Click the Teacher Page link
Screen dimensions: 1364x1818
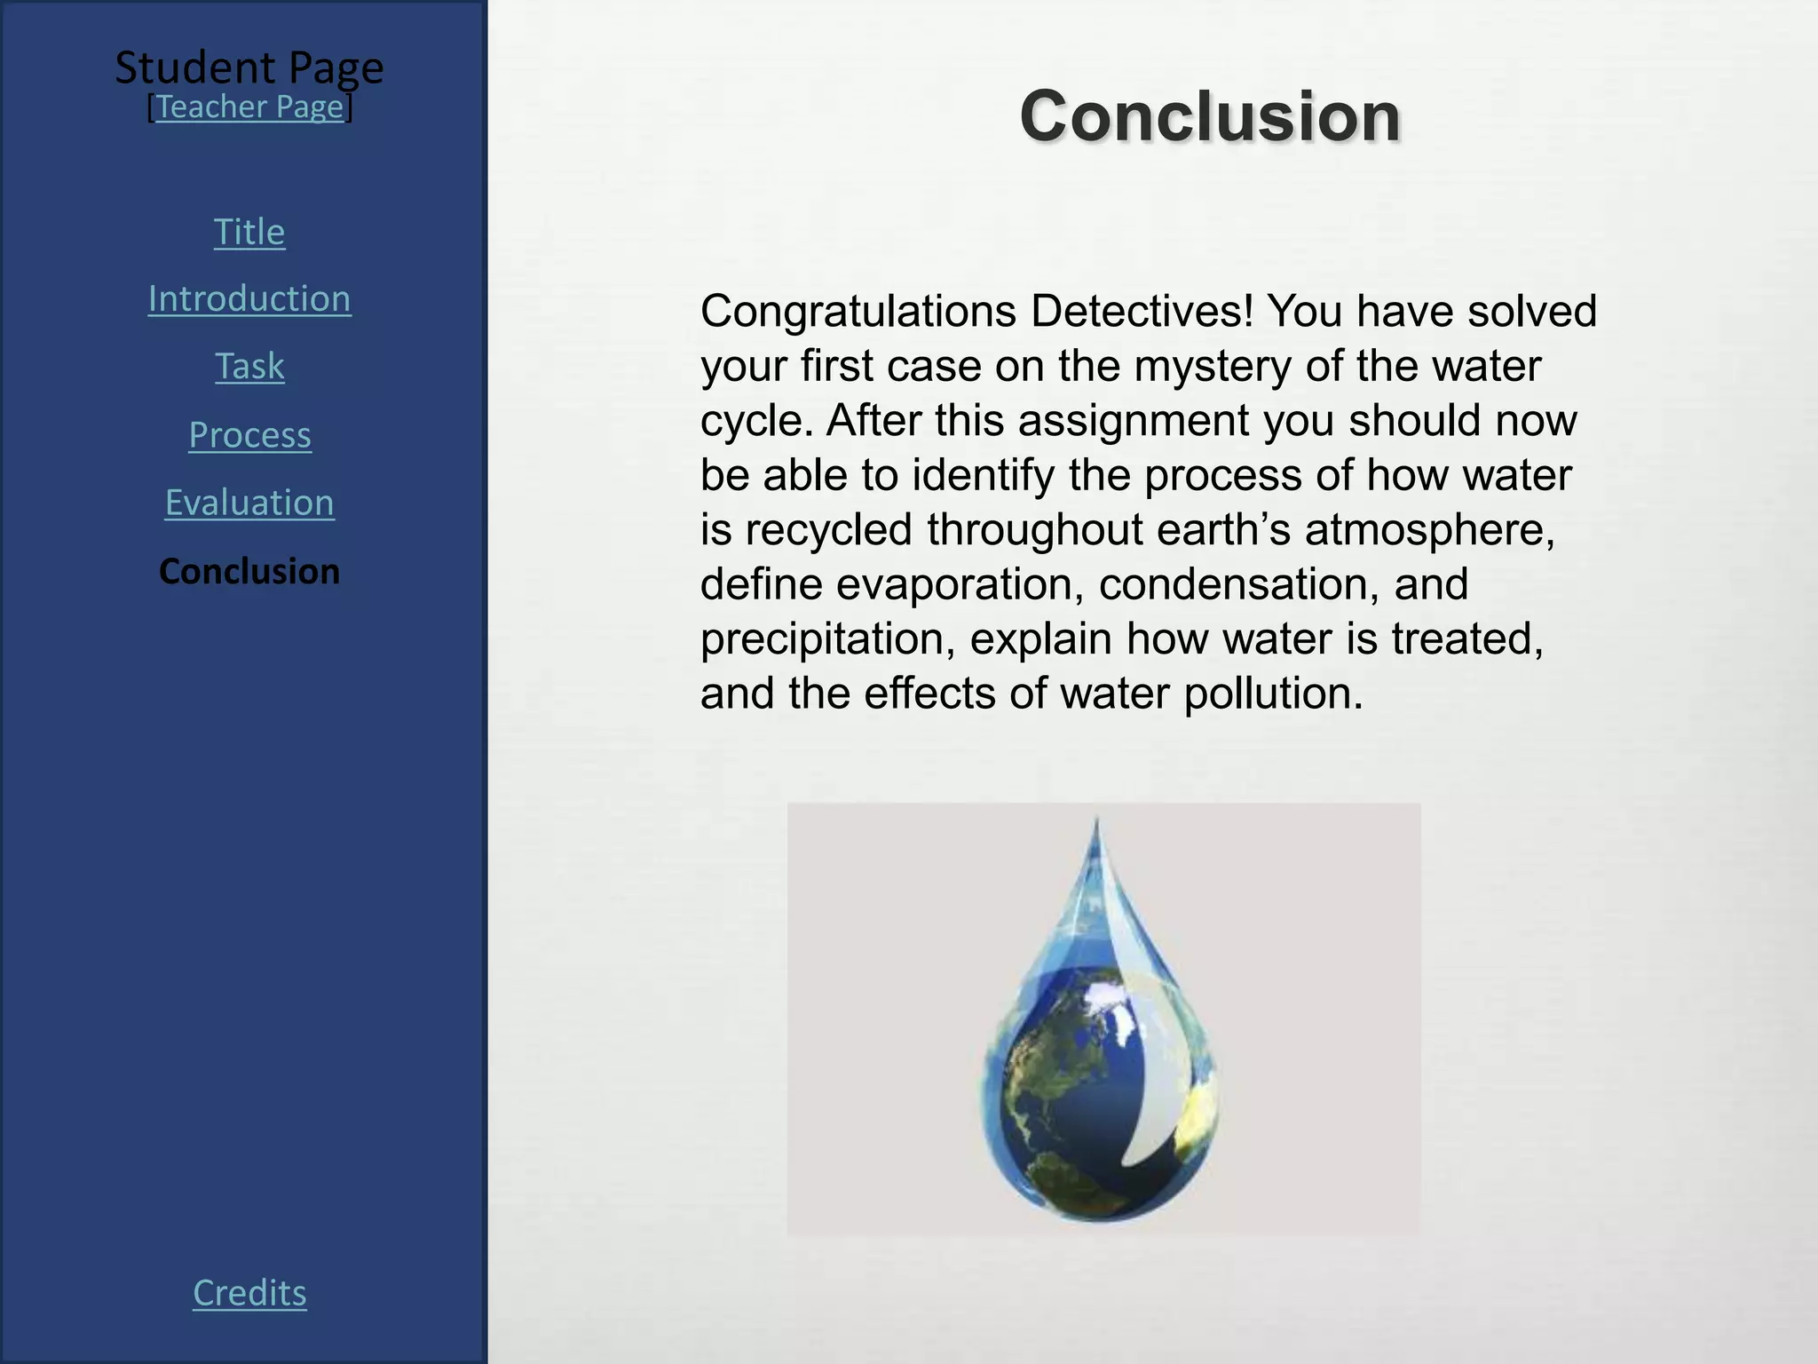pyautogui.click(x=249, y=107)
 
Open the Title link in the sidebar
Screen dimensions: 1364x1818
pyautogui.click(x=249, y=232)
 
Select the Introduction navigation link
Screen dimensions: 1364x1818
pyautogui.click(x=249, y=298)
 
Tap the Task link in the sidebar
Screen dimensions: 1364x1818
pyautogui.click(x=249, y=366)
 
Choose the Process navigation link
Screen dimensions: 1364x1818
pyautogui.click(x=249, y=435)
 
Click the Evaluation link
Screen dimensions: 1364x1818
pyautogui.click(x=249, y=503)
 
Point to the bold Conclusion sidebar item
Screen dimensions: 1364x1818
pyautogui.click(x=249, y=571)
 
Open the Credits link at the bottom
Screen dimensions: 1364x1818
pyautogui.click(x=249, y=1293)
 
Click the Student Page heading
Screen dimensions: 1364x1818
pyautogui.click(x=249, y=67)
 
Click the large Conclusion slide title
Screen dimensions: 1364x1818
pyautogui.click(x=1210, y=115)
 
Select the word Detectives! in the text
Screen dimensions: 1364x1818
pyautogui.click(x=1142, y=311)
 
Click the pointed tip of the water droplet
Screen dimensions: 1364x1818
pyautogui.click(x=1096, y=821)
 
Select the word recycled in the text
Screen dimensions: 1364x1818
pyautogui.click(x=829, y=531)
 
